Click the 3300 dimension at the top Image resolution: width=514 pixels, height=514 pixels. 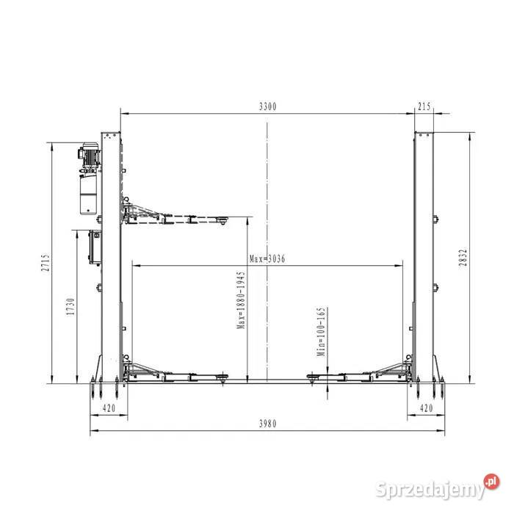point(268,106)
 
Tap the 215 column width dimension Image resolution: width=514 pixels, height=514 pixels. point(424,106)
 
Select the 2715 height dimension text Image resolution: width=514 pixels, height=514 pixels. point(46,262)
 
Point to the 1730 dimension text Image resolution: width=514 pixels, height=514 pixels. point(70,307)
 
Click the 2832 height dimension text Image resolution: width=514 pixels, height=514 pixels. point(463,258)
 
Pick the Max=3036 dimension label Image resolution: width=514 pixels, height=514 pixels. point(267,259)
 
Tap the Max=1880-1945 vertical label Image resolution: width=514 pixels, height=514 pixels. point(242,300)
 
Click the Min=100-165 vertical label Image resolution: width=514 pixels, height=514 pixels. point(322,332)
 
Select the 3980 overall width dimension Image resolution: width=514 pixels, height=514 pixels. point(268,424)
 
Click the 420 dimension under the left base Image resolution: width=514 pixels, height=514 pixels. point(109,408)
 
